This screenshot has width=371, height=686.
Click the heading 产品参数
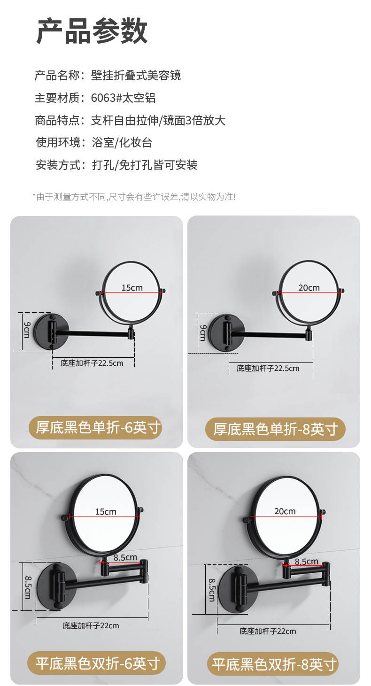click(x=92, y=31)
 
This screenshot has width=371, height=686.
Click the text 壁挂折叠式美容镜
click(x=136, y=75)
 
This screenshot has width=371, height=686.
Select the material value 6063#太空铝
click(x=123, y=98)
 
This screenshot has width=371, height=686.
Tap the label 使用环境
click(x=57, y=142)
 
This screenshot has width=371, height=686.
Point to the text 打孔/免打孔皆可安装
click(x=145, y=165)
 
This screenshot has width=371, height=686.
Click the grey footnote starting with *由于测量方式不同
click(x=134, y=197)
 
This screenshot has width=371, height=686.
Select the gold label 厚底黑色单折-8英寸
click(x=275, y=429)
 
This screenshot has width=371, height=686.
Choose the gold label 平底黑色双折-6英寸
click(x=96, y=663)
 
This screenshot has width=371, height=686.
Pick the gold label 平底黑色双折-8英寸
click(x=273, y=664)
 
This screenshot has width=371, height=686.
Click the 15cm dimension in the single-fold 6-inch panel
click(x=132, y=288)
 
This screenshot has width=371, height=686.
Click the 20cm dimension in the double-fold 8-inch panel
click(x=285, y=511)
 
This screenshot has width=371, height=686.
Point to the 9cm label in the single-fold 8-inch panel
click(x=203, y=333)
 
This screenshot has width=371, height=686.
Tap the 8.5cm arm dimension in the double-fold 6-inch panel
click(x=125, y=557)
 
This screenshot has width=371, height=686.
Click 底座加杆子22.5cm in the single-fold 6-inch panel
click(x=92, y=363)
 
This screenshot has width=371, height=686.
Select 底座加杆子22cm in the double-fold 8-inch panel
click(x=268, y=631)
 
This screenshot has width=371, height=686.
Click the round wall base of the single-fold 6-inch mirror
click(x=51, y=331)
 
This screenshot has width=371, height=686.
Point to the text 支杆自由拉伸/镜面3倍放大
click(x=158, y=120)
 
